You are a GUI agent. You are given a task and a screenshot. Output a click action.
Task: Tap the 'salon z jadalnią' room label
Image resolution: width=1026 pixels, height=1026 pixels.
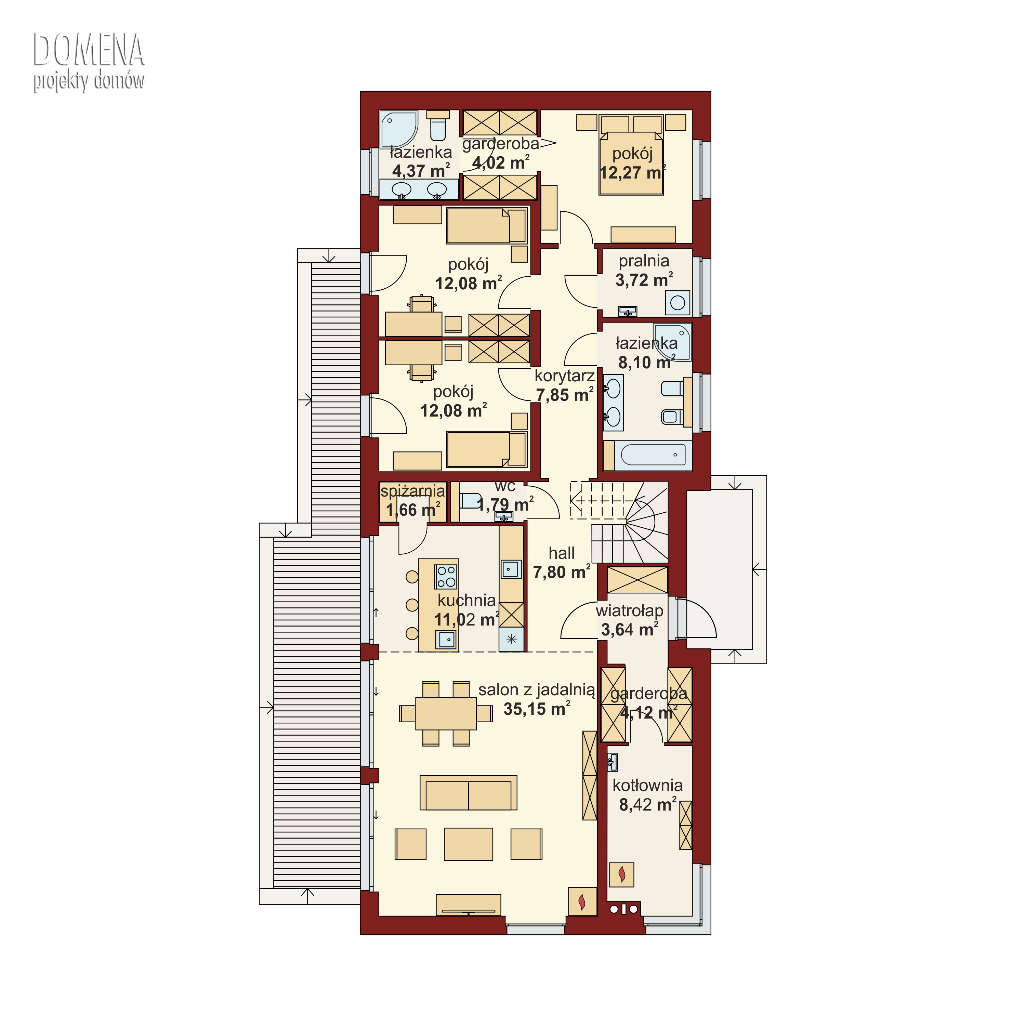click(x=536, y=690)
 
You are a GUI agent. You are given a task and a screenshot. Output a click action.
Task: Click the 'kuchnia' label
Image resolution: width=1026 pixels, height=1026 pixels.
click(x=467, y=600)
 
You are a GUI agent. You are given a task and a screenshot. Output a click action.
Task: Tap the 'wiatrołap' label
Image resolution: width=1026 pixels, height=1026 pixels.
click(x=629, y=611)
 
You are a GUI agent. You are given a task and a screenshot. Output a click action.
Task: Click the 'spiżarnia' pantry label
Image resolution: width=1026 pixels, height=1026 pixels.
click(x=413, y=491)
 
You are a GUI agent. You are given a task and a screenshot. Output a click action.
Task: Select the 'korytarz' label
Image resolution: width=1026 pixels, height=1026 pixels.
click(x=565, y=376)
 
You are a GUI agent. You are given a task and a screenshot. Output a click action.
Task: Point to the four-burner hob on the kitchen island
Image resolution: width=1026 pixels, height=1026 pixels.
click(x=446, y=577)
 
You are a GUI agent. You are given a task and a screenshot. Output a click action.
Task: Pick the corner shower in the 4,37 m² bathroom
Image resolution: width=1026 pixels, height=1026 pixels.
click(x=399, y=129)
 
